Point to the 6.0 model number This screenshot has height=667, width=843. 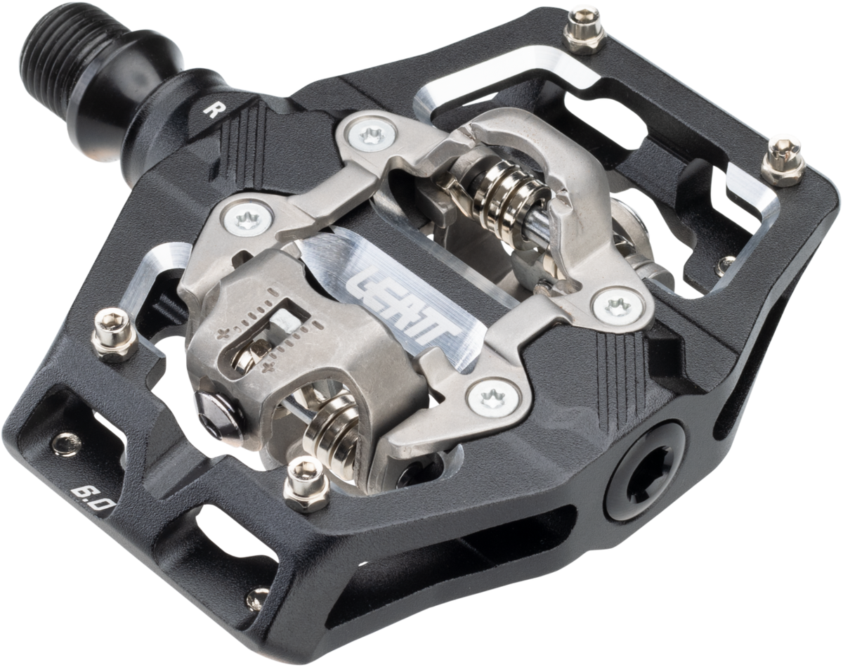[x=90, y=496]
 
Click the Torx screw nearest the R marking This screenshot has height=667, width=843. [x=371, y=136]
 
